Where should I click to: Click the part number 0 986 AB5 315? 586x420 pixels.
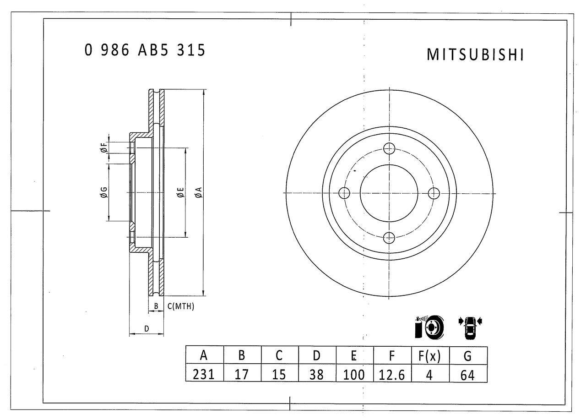(145, 50)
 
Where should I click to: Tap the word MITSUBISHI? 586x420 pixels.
(475, 55)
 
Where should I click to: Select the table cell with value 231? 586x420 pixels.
(204, 374)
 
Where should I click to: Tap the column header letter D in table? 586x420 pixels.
(317, 355)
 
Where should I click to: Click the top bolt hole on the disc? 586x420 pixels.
(389, 149)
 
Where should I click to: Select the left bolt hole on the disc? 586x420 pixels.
(344, 193)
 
